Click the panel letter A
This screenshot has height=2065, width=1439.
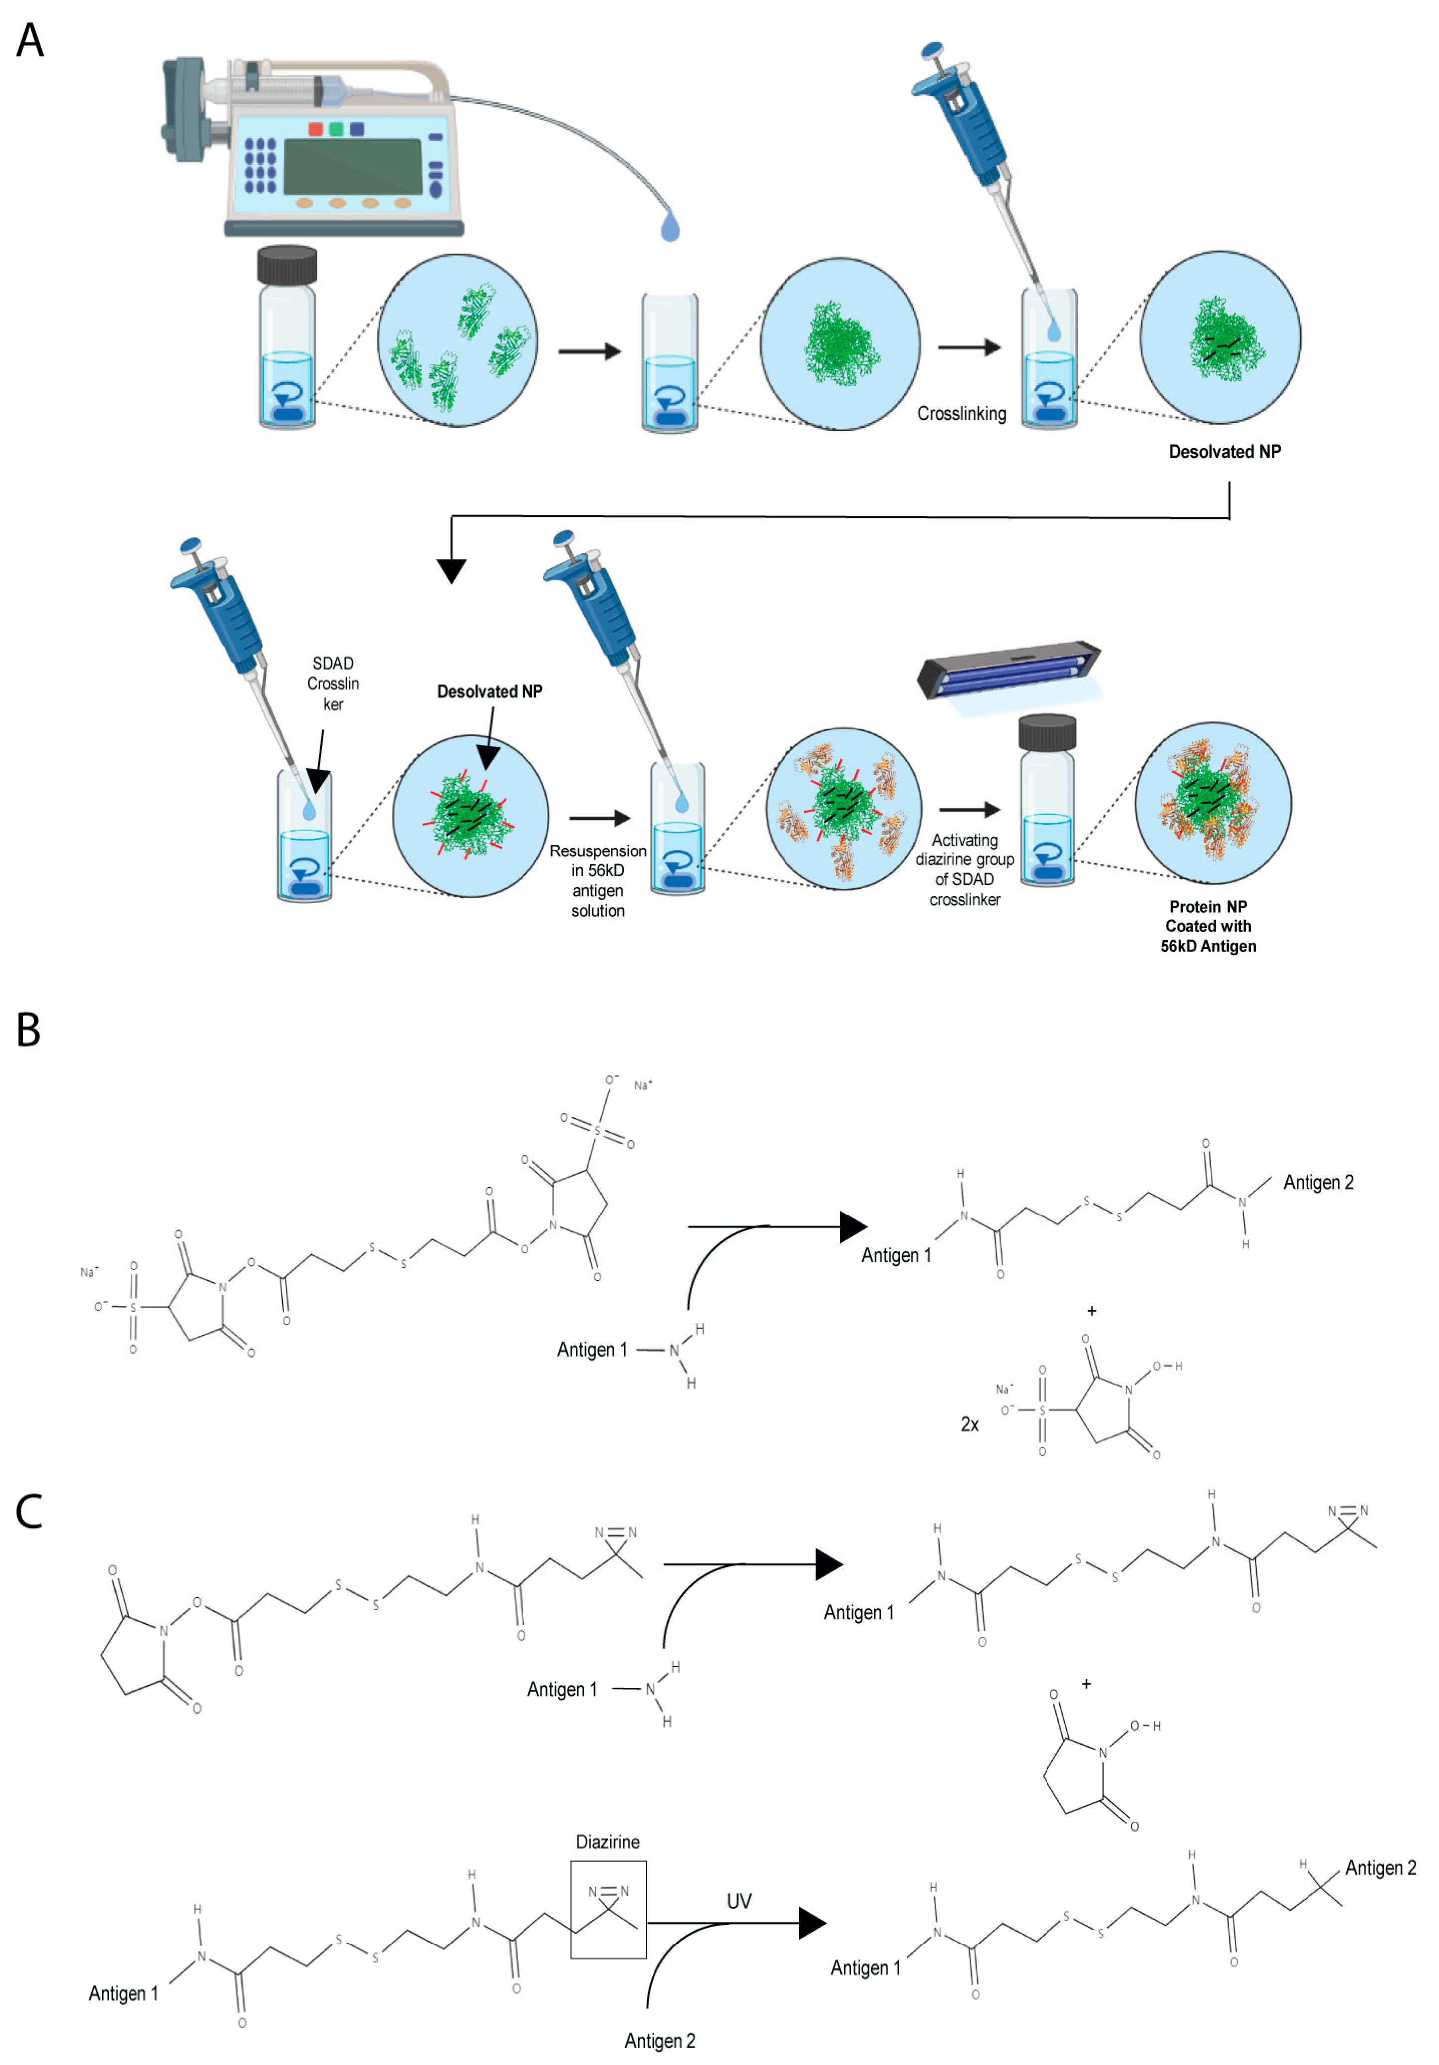tap(30, 40)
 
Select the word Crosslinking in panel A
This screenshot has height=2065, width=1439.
tap(960, 414)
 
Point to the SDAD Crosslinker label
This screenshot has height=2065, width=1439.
tap(333, 684)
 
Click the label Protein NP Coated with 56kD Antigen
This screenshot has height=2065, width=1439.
tap(1207, 926)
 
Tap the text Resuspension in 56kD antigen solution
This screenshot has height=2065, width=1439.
tap(597, 880)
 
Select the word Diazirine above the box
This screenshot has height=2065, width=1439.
tap(607, 1842)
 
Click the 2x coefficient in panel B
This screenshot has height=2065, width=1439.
tap(969, 1424)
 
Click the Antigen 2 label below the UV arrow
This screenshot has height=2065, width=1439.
tap(659, 2040)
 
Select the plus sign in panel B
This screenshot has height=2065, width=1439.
tap(1092, 1311)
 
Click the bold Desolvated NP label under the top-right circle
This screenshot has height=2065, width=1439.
tap(1224, 452)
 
